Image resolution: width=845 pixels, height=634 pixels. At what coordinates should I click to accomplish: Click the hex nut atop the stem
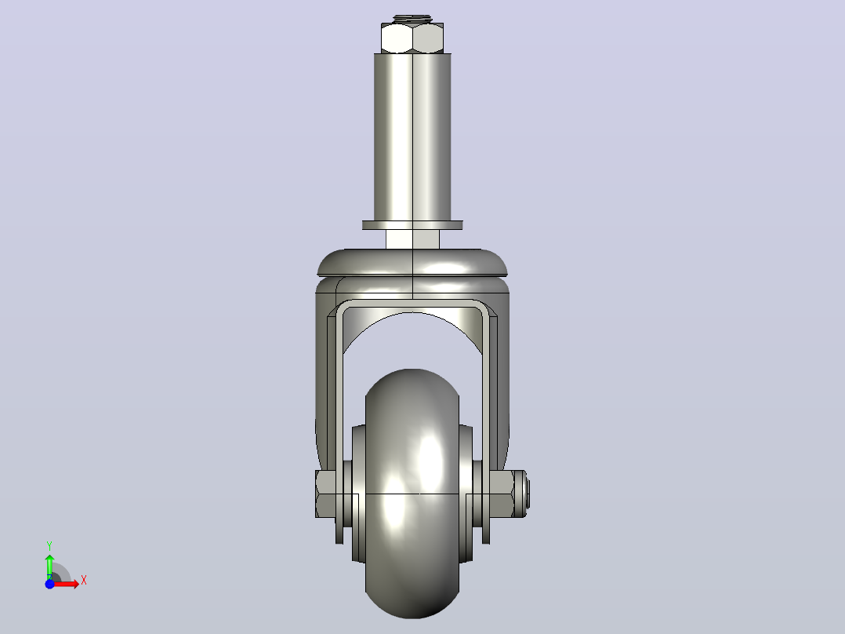412,38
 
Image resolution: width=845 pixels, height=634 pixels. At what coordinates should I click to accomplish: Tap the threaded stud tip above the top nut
412,19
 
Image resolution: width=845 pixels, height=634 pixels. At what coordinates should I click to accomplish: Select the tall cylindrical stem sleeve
412,137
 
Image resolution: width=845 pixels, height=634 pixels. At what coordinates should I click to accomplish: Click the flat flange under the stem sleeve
412,225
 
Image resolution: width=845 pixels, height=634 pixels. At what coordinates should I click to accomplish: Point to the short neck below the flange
412,239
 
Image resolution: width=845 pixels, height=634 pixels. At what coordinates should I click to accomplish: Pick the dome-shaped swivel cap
412,263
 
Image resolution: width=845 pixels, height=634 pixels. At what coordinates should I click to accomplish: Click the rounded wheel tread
412,494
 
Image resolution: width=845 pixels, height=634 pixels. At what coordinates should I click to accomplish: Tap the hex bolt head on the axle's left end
325,494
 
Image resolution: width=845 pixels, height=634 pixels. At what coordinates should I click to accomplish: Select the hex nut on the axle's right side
501,494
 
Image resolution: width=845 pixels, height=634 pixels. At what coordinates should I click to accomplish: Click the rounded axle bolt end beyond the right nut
521,494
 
